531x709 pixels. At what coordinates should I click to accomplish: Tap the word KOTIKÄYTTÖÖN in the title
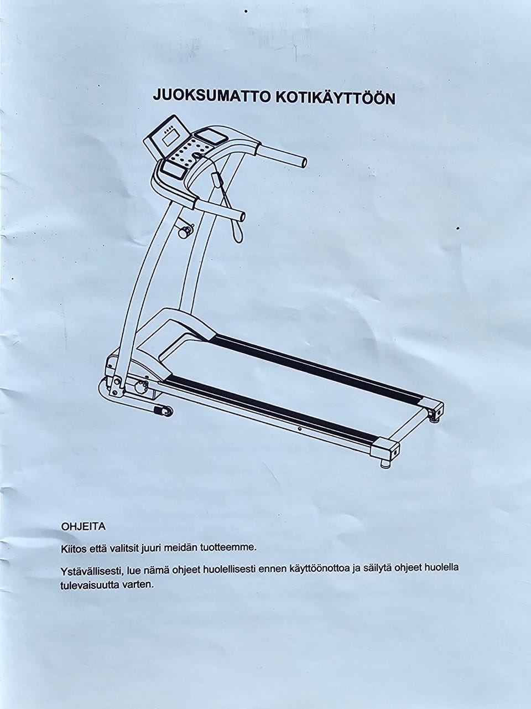tap(335, 97)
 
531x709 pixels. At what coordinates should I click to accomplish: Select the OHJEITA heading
tap(84, 526)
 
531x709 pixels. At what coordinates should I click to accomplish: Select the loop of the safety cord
tap(236, 233)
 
